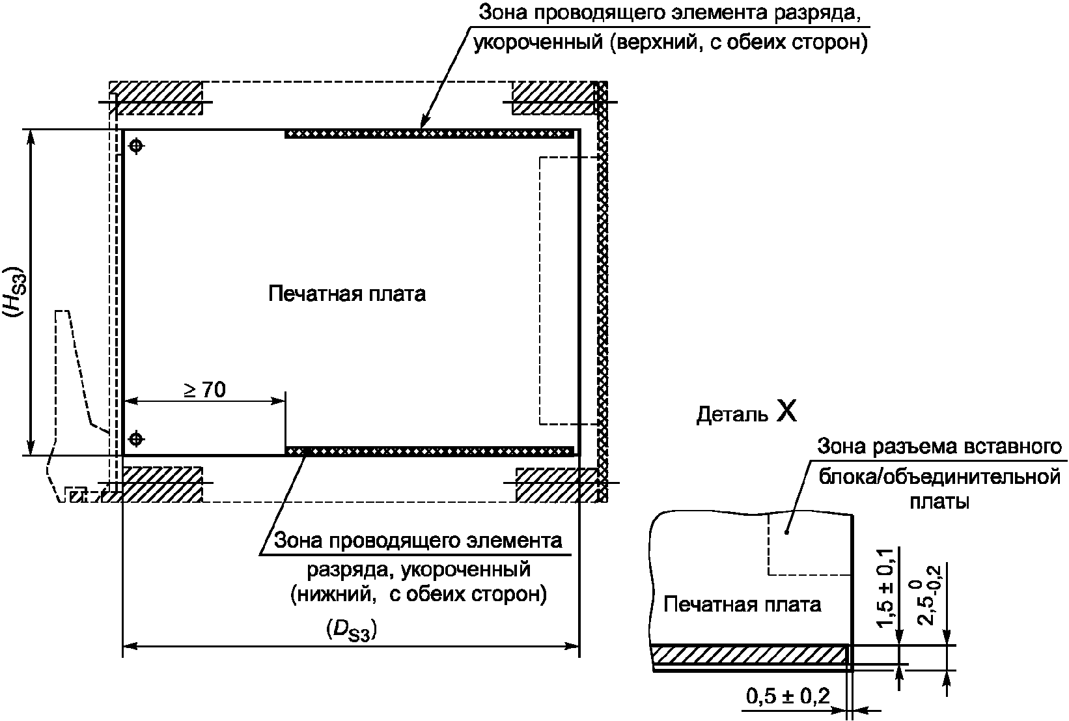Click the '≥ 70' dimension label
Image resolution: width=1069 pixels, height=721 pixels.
204,389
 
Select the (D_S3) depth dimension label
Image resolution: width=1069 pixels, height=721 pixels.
351,630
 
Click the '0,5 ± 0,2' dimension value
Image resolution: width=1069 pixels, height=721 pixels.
788,697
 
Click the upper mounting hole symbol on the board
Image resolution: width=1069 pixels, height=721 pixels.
135,147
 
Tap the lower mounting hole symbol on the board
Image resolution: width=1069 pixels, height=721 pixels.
135,439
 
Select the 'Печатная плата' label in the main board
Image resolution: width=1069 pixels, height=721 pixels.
347,294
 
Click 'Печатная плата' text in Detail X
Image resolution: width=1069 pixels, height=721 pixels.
742,604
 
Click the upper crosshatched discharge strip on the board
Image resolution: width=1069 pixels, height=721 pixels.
430,134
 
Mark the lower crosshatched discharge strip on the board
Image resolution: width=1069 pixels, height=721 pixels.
430,450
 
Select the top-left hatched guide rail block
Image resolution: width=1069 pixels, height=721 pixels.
156,98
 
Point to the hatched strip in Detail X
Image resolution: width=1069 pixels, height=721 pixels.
749,655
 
